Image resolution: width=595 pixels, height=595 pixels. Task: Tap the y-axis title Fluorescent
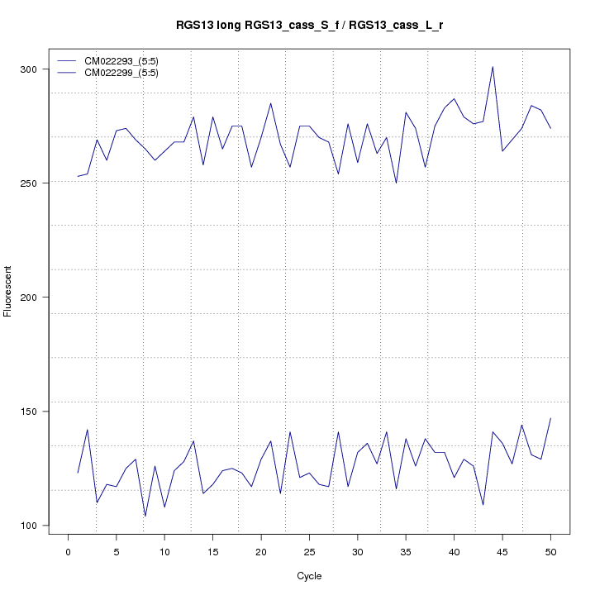(x=9, y=291)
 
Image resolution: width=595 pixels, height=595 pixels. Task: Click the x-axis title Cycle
(x=309, y=576)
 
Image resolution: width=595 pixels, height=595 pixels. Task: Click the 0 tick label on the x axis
(x=68, y=552)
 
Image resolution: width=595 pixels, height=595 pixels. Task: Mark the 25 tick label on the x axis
(x=309, y=552)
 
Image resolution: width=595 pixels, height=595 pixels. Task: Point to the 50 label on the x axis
(x=550, y=552)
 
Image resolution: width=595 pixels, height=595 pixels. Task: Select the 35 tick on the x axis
(x=406, y=552)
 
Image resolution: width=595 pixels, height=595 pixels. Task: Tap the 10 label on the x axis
(x=164, y=552)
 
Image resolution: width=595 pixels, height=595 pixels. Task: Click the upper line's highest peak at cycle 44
(x=493, y=67)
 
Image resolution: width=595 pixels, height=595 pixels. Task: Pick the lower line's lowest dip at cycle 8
(x=145, y=516)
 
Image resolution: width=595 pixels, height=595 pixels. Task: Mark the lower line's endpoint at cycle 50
(x=550, y=418)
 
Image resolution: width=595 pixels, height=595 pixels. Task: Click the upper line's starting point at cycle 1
(x=78, y=176)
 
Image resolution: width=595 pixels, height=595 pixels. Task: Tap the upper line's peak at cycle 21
(x=271, y=103)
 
